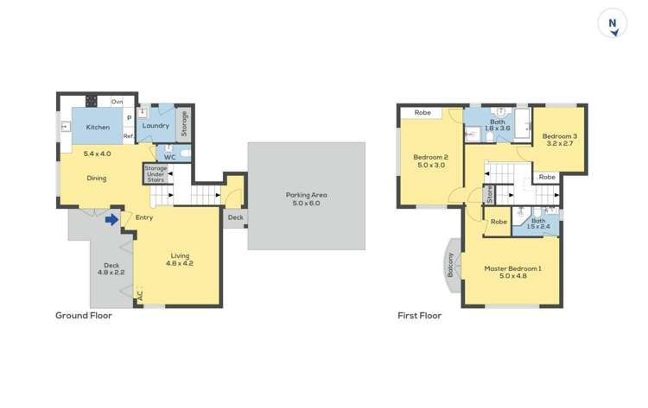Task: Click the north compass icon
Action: (613, 24)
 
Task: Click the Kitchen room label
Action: (98, 128)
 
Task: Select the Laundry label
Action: (156, 126)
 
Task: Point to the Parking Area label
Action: (307, 195)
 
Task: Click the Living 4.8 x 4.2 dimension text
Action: (180, 263)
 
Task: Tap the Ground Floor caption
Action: (84, 316)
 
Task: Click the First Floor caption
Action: (420, 316)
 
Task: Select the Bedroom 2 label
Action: (429, 157)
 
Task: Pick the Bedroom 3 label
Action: (559, 136)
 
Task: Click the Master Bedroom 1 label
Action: (512, 268)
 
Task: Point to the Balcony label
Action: (450, 265)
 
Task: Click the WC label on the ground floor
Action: (170, 157)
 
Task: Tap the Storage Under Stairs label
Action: (156, 173)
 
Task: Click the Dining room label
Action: (97, 179)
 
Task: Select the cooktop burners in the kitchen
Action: (92, 101)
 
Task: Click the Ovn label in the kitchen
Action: (117, 102)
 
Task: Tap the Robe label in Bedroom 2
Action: (422, 113)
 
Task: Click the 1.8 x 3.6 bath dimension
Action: (498, 129)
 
